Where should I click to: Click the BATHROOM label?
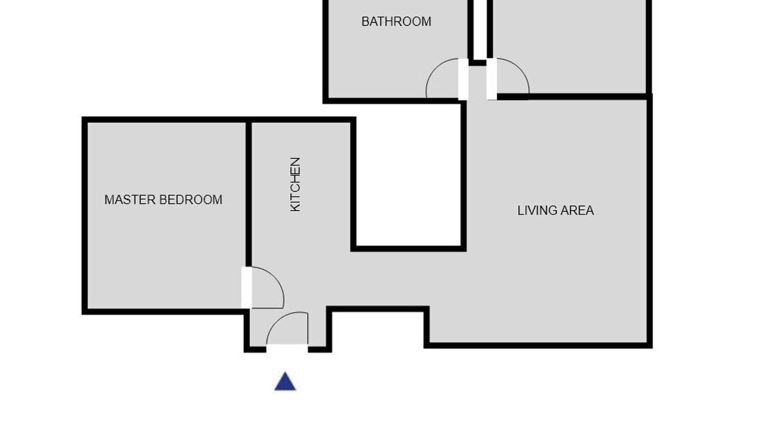[396, 21]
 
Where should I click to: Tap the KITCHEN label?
[296, 184]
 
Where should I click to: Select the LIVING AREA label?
[555, 210]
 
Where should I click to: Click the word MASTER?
[130, 199]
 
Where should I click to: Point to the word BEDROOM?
[191, 199]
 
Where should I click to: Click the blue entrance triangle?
[285, 382]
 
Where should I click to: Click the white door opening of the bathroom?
[463, 79]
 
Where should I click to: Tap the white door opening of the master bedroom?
[247, 288]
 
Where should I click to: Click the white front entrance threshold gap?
[287, 348]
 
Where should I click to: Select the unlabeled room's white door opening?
[492, 79]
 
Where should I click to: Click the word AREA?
[579, 210]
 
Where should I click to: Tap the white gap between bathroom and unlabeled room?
[480, 30]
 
